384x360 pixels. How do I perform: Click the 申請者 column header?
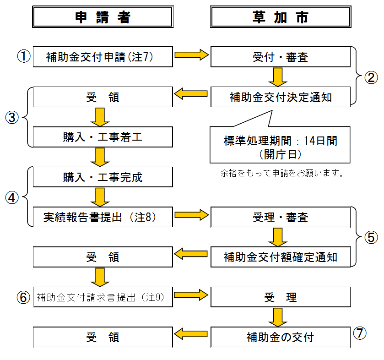[103, 17]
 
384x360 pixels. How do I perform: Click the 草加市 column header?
[280, 17]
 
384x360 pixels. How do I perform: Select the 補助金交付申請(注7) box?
[103, 57]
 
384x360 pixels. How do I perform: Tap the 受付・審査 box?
[280, 57]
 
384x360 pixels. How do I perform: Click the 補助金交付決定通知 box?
[280, 97]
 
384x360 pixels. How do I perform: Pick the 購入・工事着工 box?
[103, 137]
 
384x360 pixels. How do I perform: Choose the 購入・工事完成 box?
[103, 177]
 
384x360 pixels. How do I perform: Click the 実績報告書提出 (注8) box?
[103, 217]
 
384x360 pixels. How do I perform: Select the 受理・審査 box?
[280, 217]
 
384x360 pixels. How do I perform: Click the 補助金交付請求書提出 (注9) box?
[103, 297]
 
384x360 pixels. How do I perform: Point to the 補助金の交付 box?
[280, 338]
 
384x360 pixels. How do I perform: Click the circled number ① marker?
[23, 57]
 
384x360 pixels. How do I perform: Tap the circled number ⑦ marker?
[360, 334]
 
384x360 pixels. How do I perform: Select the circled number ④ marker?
[12, 197]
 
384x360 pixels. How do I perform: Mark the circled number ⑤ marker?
[371, 237]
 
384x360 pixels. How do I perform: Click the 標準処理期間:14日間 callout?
[280, 147]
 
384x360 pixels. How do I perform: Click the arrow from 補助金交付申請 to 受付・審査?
[191, 56]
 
